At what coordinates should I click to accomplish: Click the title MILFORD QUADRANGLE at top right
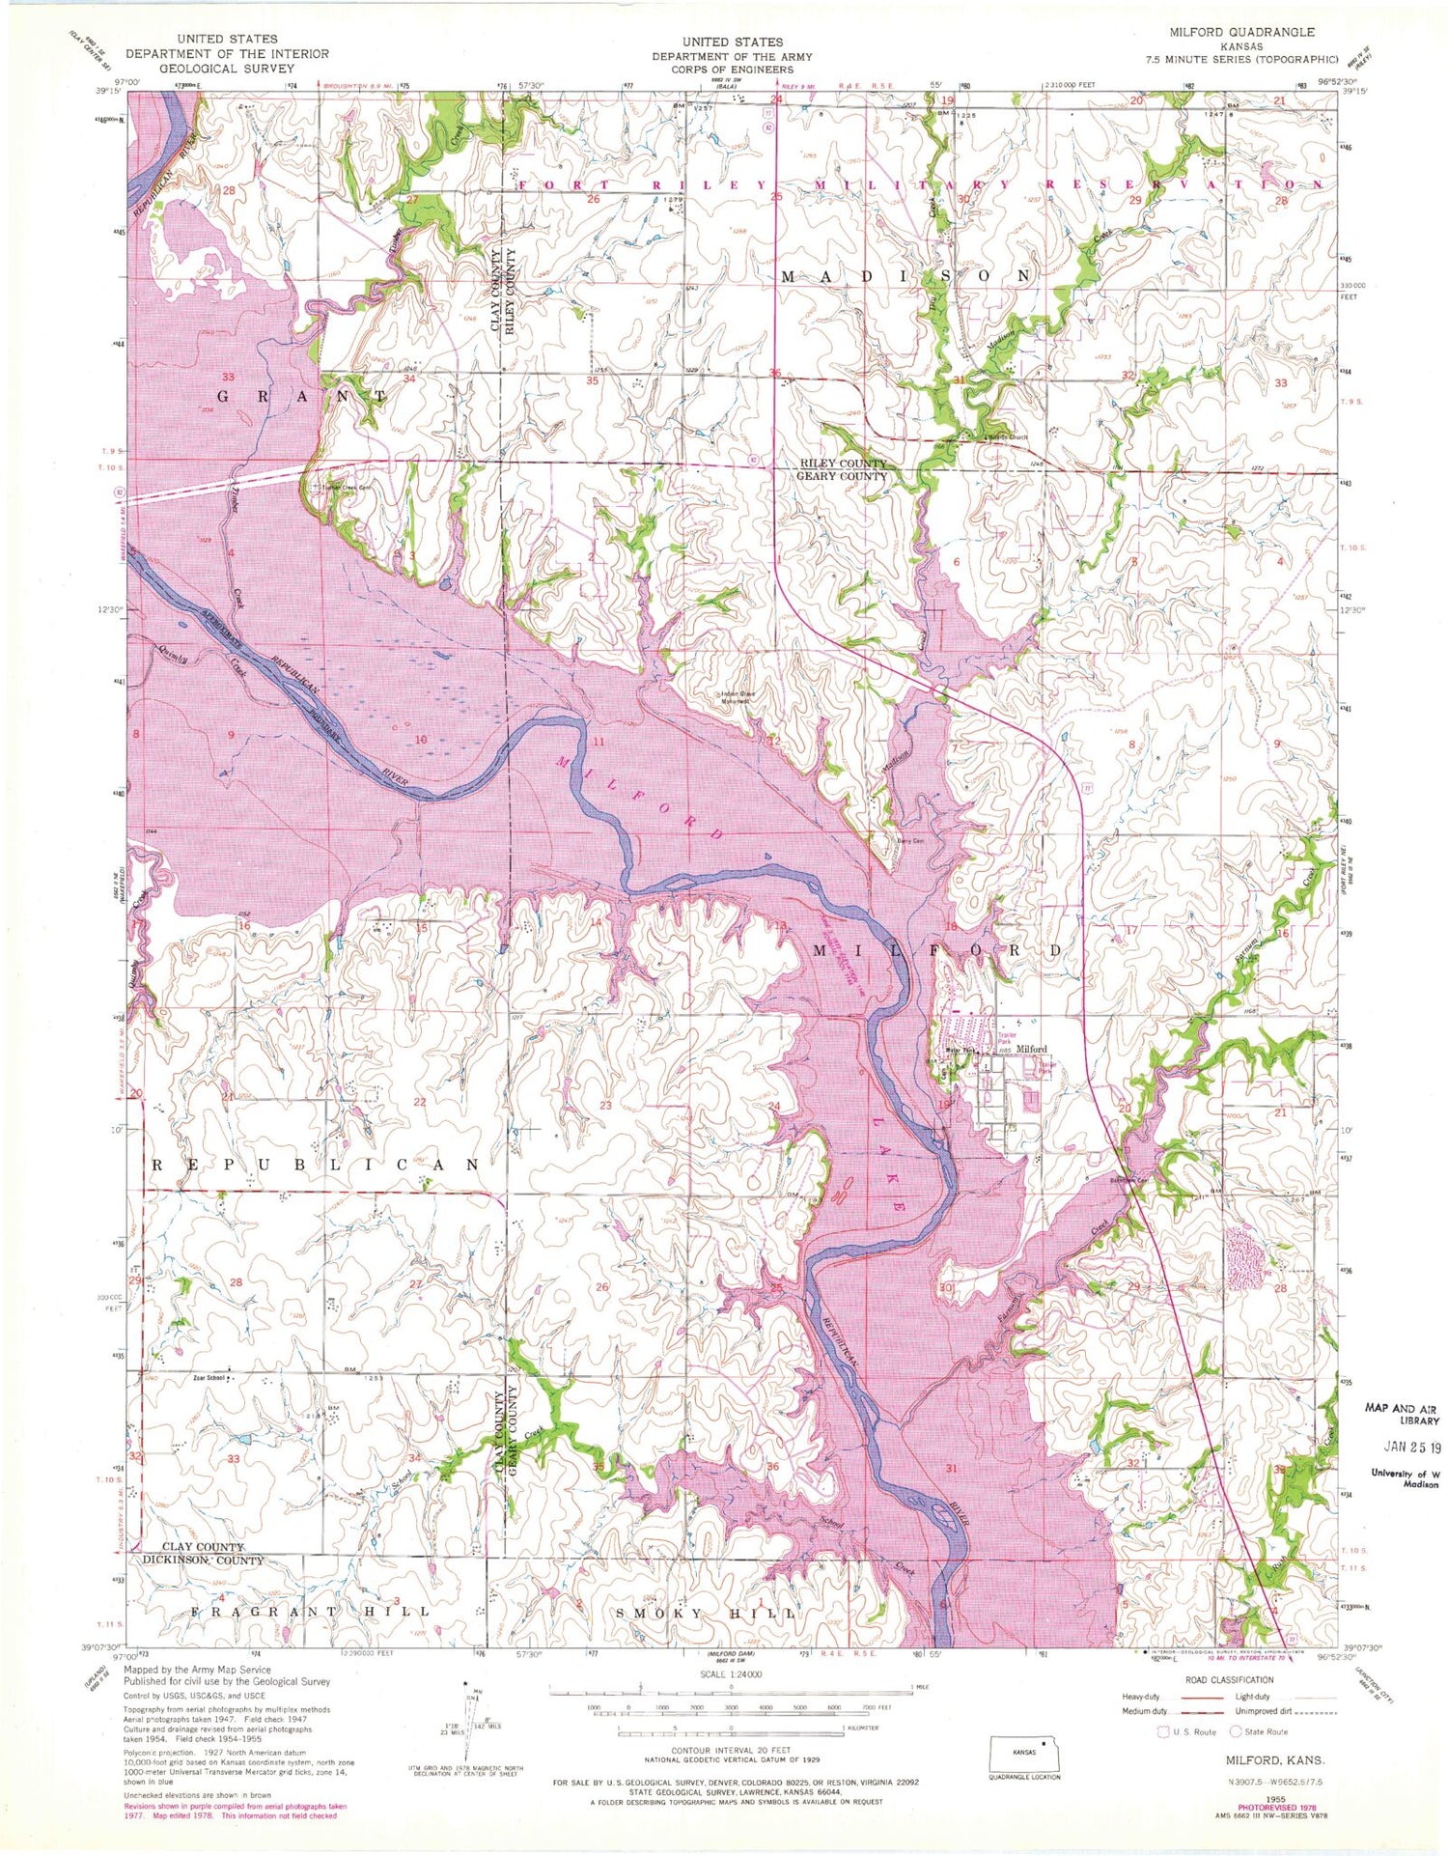[1241, 32]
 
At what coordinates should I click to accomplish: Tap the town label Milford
[1031, 1049]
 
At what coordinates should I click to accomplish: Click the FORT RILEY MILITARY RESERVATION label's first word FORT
[565, 184]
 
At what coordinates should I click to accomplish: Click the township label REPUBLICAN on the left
[315, 1166]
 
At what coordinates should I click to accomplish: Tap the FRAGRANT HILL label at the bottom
[310, 1612]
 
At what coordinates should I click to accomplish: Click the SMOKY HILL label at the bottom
[706, 1614]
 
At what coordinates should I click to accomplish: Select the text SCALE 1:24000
[731, 1675]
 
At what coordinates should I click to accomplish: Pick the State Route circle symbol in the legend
[1235, 1731]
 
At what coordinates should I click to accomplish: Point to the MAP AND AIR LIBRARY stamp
[1401, 1414]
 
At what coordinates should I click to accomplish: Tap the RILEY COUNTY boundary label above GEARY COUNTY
[841, 464]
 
